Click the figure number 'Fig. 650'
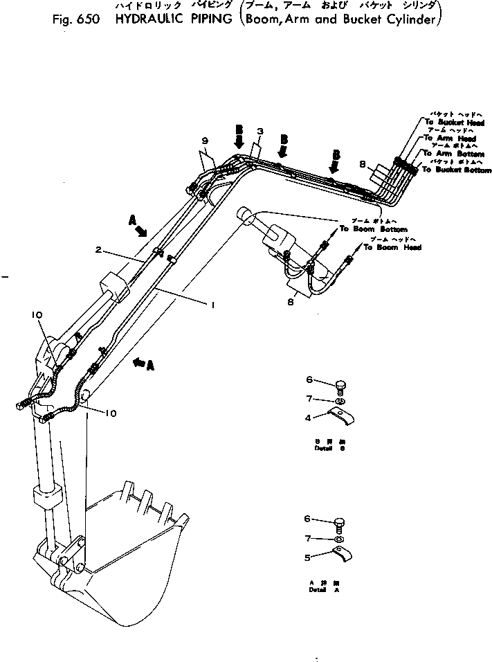coord(75,19)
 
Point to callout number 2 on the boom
coord(98,251)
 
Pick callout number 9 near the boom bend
coord(205,141)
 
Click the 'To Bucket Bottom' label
coord(457,170)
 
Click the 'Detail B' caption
coord(325,449)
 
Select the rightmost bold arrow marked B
coord(336,161)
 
